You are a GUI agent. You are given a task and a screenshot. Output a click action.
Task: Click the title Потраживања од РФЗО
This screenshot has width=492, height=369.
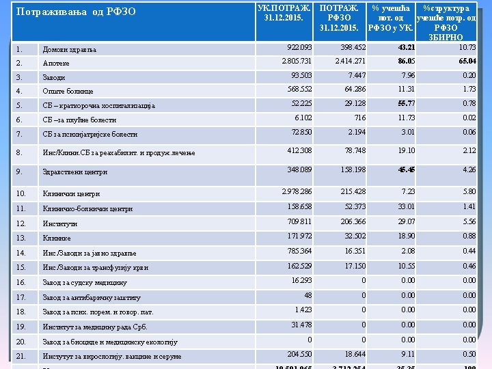[x=76, y=12]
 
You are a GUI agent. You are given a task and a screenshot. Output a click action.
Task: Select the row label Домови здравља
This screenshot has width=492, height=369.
[x=70, y=49]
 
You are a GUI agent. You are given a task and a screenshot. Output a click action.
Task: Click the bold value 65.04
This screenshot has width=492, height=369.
[x=467, y=61]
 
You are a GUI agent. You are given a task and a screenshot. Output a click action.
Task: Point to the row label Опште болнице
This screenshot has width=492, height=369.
[x=68, y=91]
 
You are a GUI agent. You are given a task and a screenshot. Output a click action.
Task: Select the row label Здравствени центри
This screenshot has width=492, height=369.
[x=75, y=172]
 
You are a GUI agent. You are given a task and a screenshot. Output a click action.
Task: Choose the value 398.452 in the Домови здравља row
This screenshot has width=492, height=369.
[x=350, y=47]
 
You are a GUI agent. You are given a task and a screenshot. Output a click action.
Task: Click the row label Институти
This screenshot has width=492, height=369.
[x=60, y=223]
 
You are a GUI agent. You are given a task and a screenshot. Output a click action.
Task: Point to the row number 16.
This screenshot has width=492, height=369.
[x=20, y=282]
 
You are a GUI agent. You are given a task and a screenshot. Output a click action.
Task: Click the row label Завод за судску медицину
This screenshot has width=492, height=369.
[x=85, y=282]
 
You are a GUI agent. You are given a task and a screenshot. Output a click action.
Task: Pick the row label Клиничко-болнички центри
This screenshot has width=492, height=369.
[x=87, y=208]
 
